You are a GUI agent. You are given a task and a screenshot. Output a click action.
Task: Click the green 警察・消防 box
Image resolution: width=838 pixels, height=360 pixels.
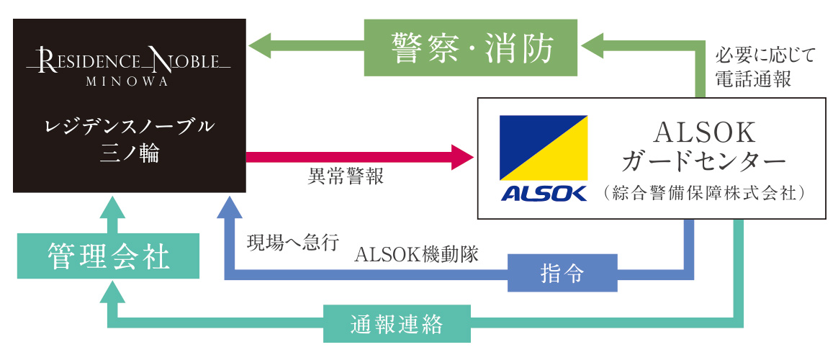[472, 48]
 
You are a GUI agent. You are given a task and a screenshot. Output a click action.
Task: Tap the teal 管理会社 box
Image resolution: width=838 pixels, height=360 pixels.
[108, 256]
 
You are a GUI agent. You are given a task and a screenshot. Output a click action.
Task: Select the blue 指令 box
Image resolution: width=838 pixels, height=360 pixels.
[562, 273]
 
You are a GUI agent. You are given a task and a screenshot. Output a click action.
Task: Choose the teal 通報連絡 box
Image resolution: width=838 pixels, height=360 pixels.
[397, 324]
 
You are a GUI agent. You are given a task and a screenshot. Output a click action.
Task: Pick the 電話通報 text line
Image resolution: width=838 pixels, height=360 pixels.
[752, 78]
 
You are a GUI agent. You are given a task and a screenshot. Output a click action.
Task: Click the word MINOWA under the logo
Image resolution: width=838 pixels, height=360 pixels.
[127, 81]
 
